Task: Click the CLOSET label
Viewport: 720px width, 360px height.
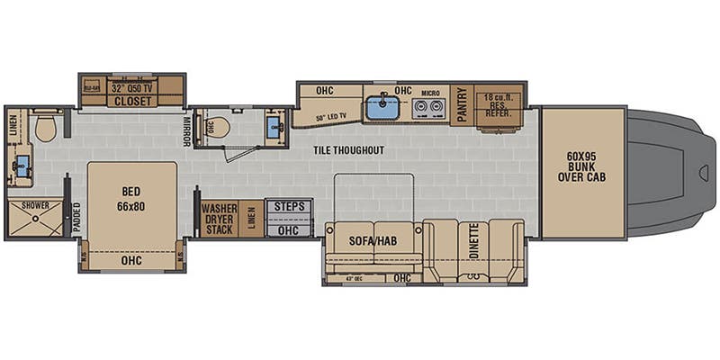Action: [x=131, y=102]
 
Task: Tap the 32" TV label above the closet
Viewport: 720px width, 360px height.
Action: [x=130, y=88]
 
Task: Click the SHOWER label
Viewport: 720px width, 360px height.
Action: [x=30, y=205]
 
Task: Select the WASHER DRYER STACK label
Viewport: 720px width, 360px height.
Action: [x=219, y=218]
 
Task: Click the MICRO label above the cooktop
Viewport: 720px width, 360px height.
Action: [x=429, y=93]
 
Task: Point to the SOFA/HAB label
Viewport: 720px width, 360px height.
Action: [x=373, y=240]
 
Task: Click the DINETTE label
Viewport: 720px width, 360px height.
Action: [x=472, y=241]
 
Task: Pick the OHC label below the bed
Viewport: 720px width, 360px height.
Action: [x=131, y=261]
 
